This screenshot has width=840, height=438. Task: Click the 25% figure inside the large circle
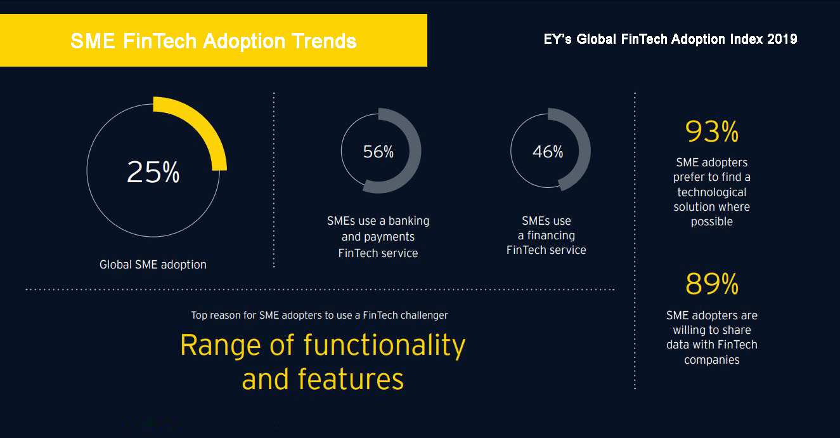coord(153,172)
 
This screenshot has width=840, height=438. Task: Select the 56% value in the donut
coord(378,152)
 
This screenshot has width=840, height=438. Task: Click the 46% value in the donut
coord(548,152)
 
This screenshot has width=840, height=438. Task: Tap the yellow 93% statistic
coord(712,132)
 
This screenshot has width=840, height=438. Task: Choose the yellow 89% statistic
coord(712,284)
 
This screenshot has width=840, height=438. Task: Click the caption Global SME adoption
coord(153,265)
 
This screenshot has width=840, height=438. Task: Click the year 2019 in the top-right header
coord(782,39)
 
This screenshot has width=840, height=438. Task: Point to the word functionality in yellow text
coord(384,345)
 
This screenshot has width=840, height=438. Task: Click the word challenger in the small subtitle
coord(423,315)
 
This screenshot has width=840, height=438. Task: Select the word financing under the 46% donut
coord(551,236)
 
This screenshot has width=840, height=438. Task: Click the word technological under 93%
coord(712,192)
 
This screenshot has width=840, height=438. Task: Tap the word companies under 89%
coord(711,360)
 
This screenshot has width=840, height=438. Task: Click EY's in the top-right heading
coord(558,39)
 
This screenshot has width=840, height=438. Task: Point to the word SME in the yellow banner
coord(93,41)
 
